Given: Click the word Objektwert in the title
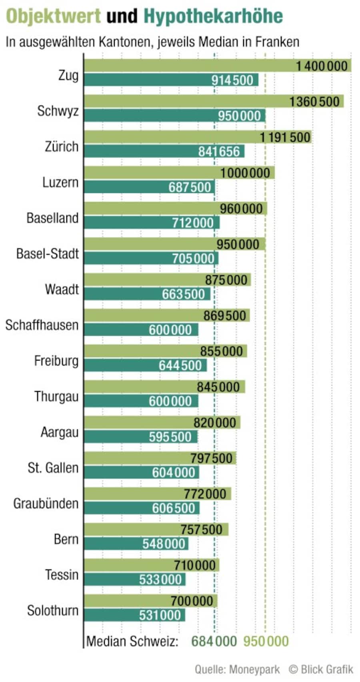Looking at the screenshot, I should tap(53, 16).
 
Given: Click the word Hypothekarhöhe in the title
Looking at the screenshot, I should tap(213, 16).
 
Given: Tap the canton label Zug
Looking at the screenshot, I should tap(68, 75).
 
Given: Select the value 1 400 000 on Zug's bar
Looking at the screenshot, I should tap(322, 66).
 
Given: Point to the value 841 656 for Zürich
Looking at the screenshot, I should tap(219, 151).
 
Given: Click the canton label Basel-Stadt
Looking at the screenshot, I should tap(47, 253).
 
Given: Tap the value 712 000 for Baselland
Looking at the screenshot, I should tap(193, 223).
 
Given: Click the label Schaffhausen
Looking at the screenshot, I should tap(42, 325).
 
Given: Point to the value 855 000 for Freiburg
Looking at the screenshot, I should tap(222, 351).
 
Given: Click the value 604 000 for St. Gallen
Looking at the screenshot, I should tap(173, 472).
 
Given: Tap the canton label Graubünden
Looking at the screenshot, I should tap(46, 503).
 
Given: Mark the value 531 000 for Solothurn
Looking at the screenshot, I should tap(160, 615).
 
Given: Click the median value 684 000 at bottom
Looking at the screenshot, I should tap(214, 641).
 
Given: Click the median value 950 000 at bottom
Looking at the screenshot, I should tap(266, 641).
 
